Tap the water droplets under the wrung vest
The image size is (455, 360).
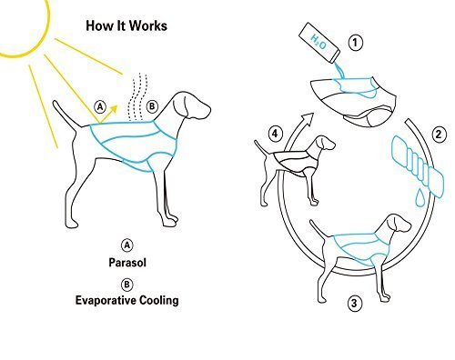(x=406, y=199)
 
